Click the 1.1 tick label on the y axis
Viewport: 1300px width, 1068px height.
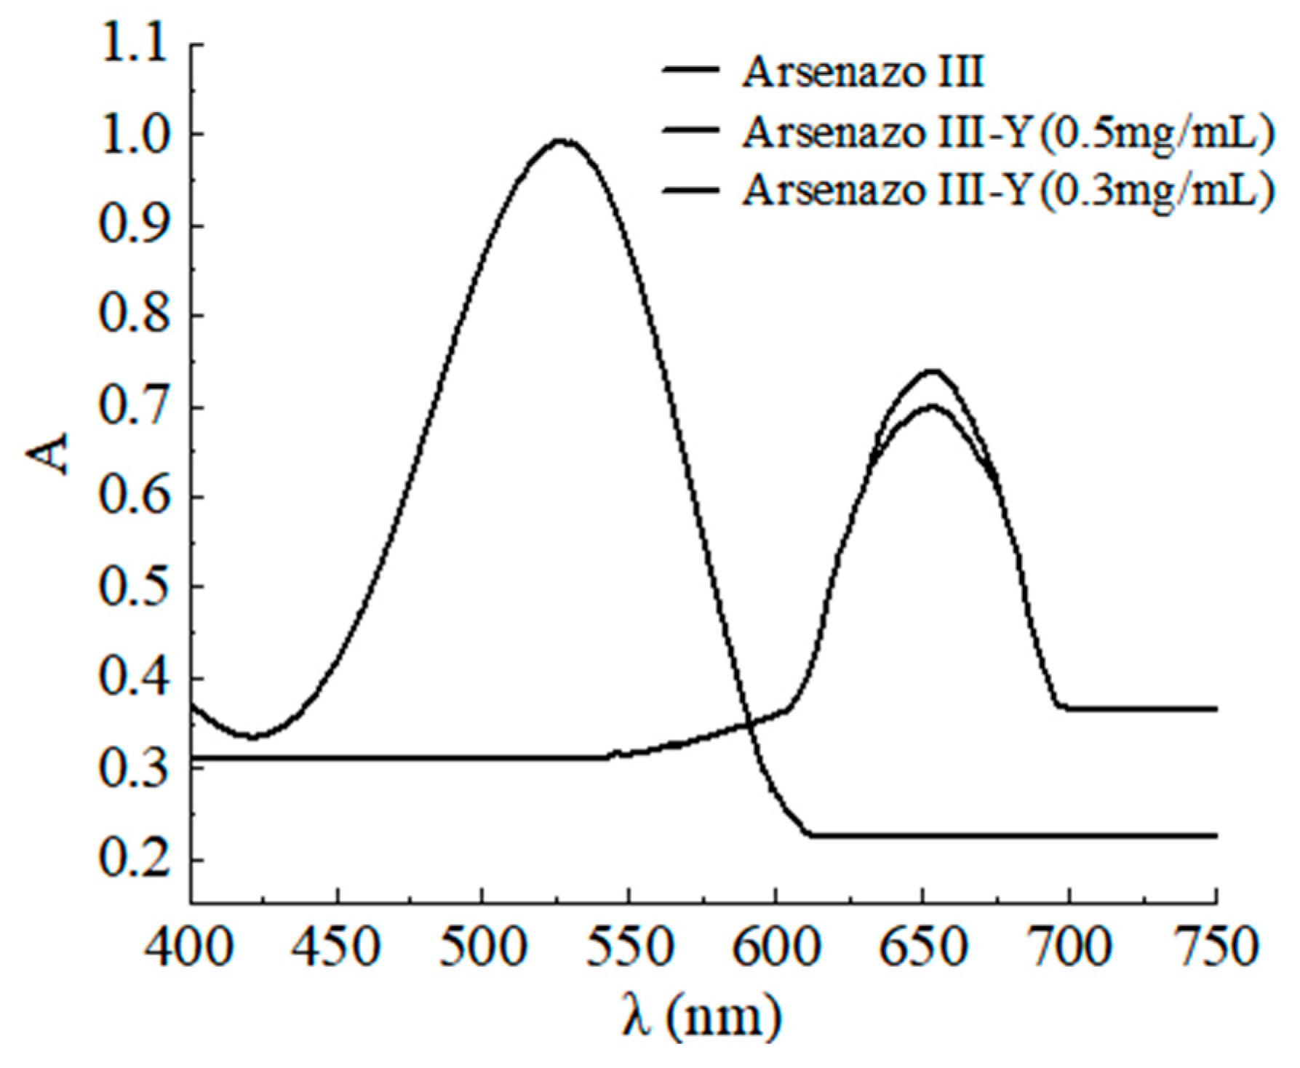pyautogui.click(x=139, y=45)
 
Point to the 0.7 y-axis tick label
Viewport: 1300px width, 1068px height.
pyautogui.click(x=139, y=406)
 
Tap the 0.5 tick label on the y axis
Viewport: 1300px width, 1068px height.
pyautogui.click(x=139, y=586)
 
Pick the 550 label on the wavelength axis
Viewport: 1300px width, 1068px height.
pyautogui.click(x=628, y=948)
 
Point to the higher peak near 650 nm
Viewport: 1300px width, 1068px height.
pyautogui.click(x=932, y=371)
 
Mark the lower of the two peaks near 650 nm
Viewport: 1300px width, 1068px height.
pyautogui.click(x=931, y=406)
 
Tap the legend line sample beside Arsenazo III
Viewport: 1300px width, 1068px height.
pyautogui.click(x=691, y=71)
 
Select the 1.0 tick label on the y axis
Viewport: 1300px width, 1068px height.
pyautogui.click(x=139, y=135)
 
